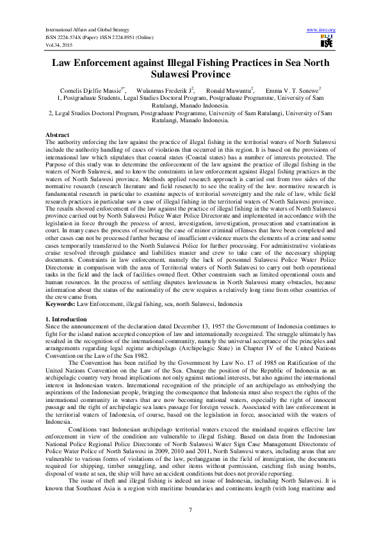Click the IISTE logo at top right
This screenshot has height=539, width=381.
[x=326, y=41]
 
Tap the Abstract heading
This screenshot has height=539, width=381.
[x=58, y=134]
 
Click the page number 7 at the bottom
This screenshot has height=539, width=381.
[x=191, y=510]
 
